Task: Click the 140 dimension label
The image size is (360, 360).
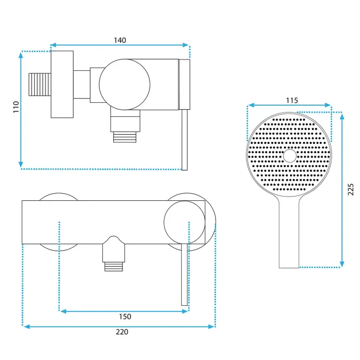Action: (120, 40)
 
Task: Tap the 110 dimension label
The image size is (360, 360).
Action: (16, 107)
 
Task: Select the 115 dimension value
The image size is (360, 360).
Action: (292, 100)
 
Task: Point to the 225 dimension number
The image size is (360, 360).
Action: (351, 189)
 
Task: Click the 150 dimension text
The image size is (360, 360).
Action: (125, 317)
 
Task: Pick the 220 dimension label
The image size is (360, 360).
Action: (122, 332)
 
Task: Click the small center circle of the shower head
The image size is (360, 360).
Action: (290, 156)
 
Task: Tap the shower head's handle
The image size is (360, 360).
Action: (289, 232)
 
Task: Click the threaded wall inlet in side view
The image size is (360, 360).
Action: (40, 84)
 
